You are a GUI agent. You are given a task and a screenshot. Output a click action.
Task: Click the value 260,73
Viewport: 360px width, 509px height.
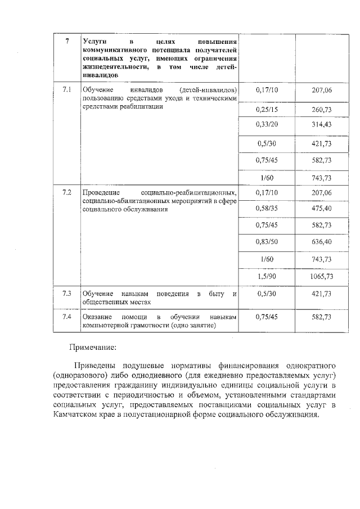(322, 108)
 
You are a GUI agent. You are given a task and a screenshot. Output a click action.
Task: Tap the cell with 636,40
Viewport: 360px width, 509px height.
(322, 242)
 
